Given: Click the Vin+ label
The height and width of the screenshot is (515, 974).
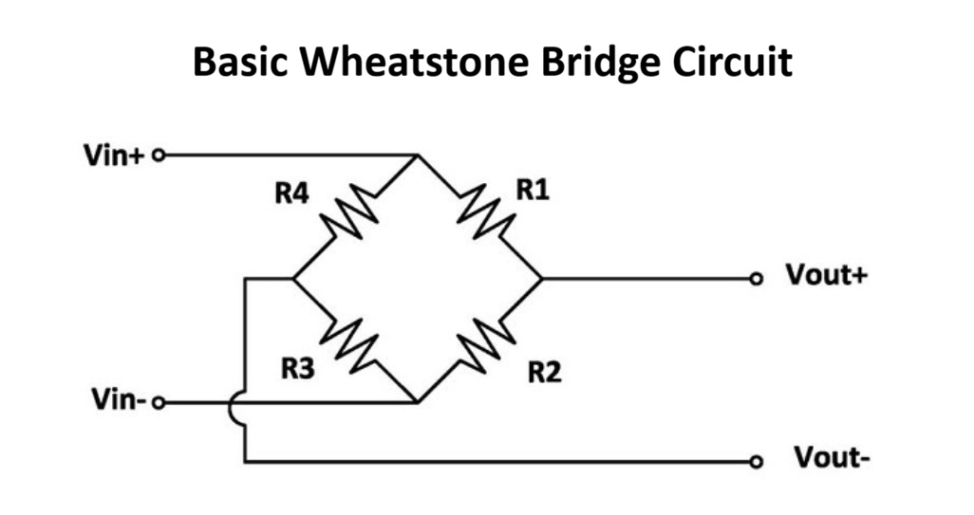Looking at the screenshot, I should pyautogui.click(x=111, y=155).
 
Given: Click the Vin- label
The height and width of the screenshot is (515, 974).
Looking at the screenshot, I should pyautogui.click(x=112, y=402).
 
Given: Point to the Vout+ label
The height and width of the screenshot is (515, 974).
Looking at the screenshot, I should pyautogui.click(x=825, y=277).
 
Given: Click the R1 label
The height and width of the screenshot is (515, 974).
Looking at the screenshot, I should pyautogui.click(x=533, y=190).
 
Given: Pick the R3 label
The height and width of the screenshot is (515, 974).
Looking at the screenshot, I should pyautogui.click(x=298, y=370).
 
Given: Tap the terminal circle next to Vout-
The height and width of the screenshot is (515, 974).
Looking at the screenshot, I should pyautogui.click(x=756, y=462).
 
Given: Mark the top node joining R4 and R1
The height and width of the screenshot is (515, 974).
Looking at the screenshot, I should pyautogui.click(x=416, y=155).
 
